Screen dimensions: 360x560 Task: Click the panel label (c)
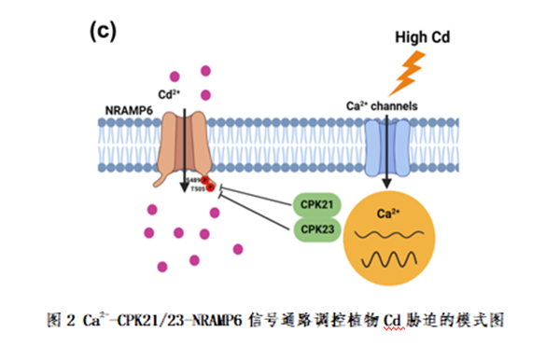pyautogui.click(x=102, y=30)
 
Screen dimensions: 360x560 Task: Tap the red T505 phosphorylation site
pyautogui.click(x=209, y=187)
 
